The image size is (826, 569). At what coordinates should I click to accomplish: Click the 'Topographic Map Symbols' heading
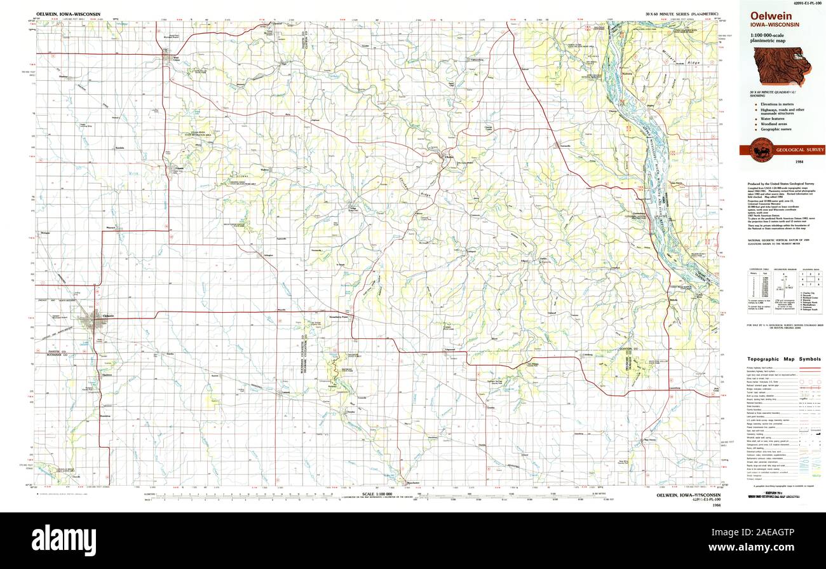783,359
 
